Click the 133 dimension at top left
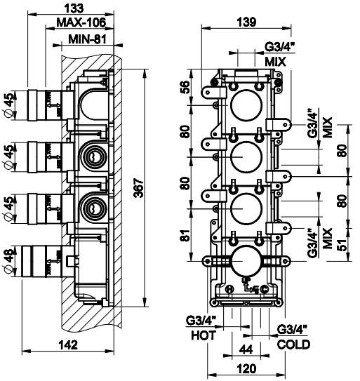[x=74, y=8]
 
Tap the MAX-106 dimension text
[x=81, y=22]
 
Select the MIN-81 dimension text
[x=87, y=39]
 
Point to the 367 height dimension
[x=139, y=188]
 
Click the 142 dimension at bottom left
[x=68, y=345]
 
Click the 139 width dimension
[x=246, y=22]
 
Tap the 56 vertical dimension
[x=185, y=87]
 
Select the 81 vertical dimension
[x=185, y=235]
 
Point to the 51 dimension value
[x=342, y=246]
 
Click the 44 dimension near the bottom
[x=246, y=349]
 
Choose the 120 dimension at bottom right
[x=246, y=369]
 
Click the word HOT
[x=204, y=335]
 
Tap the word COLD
[x=293, y=345]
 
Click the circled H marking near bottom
[x=229, y=289]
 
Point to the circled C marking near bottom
[x=265, y=289]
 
